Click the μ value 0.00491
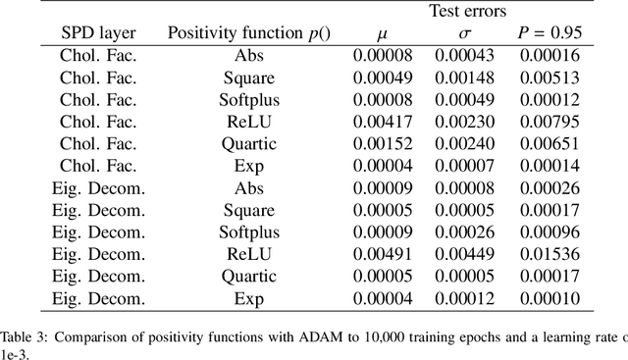[380, 255]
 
